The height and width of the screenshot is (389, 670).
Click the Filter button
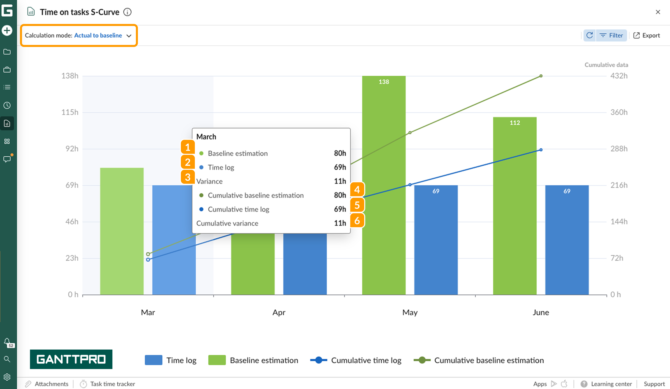click(611, 35)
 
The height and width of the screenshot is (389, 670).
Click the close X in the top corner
click(658, 12)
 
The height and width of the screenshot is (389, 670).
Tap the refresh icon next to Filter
click(590, 35)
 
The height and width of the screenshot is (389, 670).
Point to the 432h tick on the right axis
click(619, 76)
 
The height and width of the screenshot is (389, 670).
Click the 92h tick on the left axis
click(72, 149)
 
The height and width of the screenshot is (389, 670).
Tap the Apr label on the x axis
click(279, 313)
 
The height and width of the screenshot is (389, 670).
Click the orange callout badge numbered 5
click(357, 205)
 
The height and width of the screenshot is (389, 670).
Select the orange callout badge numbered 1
click(188, 147)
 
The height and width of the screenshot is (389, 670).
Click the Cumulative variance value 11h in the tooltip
click(340, 223)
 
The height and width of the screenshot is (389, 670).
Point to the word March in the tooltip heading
click(206, 137)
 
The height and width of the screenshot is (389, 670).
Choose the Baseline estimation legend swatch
click(217, 360)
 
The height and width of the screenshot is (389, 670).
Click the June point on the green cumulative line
click(541, 76)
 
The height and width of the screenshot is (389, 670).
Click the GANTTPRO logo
click(71, 359)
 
